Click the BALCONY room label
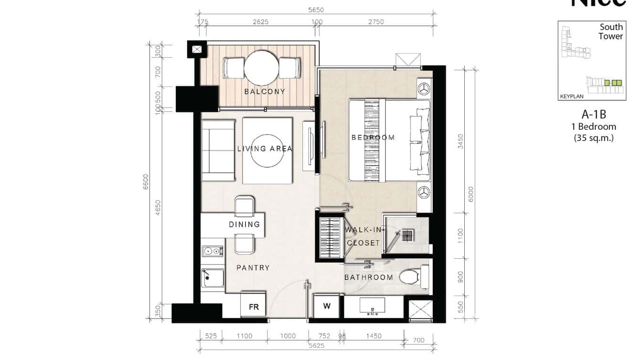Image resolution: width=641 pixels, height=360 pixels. tap(264, 92)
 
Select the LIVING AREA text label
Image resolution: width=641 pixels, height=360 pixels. tap(265, 149)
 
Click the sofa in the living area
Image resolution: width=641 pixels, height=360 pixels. tap(218, 150)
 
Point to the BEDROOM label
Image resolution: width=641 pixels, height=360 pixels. tap(373, 138)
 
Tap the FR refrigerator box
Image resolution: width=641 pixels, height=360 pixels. tap(253, 307)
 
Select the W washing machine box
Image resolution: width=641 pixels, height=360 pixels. tap(327, 306)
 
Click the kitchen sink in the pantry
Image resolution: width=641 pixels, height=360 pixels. tap(213, 278)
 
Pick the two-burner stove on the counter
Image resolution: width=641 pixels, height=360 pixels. tap(212, 251)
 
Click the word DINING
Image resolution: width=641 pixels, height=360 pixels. tap(244, 224)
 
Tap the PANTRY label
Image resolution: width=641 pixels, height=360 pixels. tap(253, 268)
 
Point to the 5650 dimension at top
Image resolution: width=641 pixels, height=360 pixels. tap(316, 10)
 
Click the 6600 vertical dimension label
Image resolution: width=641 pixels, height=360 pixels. tap(146, 181)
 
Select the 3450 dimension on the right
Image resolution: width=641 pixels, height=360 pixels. tap(460, 141)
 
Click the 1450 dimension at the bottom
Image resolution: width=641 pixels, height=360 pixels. tap(374, 336)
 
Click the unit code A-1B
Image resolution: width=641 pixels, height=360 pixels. tap(593, 115)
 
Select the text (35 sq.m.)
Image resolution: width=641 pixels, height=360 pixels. tap(593, 138)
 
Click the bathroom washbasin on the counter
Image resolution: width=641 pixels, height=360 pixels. tap(372, 306)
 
